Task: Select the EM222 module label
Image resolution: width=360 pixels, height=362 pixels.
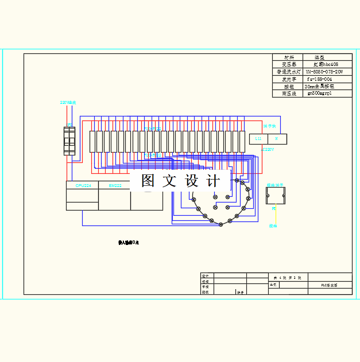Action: coord(115,185)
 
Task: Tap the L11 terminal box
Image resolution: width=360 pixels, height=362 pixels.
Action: coord(258,139)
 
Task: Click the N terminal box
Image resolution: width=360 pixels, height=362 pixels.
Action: coord(277,139)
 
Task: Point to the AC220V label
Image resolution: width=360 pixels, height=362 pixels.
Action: coord(268,149)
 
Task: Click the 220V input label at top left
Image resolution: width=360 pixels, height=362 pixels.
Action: coord(68,103)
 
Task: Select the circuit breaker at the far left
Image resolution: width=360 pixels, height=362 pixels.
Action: coord(69,141)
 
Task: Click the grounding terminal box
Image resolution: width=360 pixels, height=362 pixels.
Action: coord(276,197)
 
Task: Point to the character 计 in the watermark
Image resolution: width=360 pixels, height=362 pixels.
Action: coord(214,181)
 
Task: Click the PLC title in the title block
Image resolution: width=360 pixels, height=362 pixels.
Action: coord(329,285)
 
